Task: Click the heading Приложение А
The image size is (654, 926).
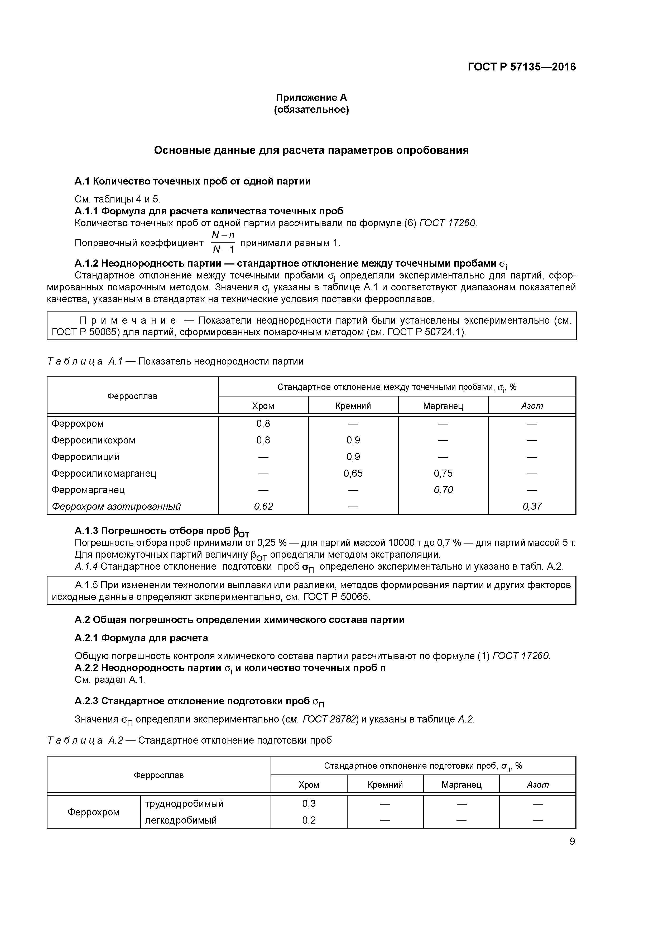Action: [x=311, y=98]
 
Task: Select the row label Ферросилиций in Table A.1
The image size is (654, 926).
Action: [x=85, y=457]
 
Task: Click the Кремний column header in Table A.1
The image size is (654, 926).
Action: [x=353, y=406]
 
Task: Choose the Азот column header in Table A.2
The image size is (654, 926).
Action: [x=537, y=785]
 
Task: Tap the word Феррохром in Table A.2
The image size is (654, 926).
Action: [x=94, y=812]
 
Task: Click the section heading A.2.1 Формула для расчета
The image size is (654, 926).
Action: [x=141, y=638]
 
